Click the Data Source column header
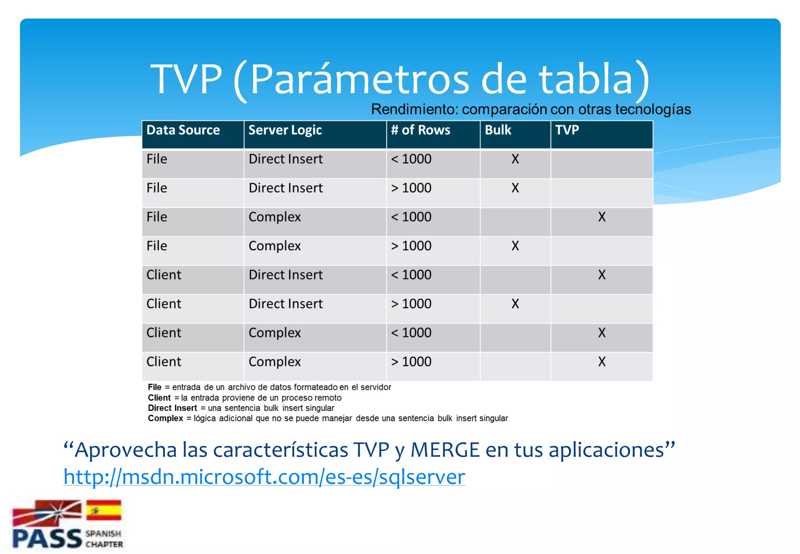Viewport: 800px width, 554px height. (183, 130)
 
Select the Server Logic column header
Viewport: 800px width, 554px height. (285, 130)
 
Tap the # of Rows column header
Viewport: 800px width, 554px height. (420, 130)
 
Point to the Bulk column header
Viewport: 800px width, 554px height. (498, 130)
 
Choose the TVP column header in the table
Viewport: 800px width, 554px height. (567, 130)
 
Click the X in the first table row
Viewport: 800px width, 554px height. (515, 159)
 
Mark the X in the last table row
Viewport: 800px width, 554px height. (602, 362)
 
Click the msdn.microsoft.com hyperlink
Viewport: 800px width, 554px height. (264, 477)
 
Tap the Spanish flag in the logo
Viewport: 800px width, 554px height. (104, 510)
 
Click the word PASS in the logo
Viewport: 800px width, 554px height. (47, 539)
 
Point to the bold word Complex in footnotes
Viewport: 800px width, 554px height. (165, 418)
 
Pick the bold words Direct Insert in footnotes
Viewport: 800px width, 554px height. (172, 408)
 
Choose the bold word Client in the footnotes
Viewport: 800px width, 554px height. (159, 398)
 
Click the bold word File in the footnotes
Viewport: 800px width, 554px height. (154, 387)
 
